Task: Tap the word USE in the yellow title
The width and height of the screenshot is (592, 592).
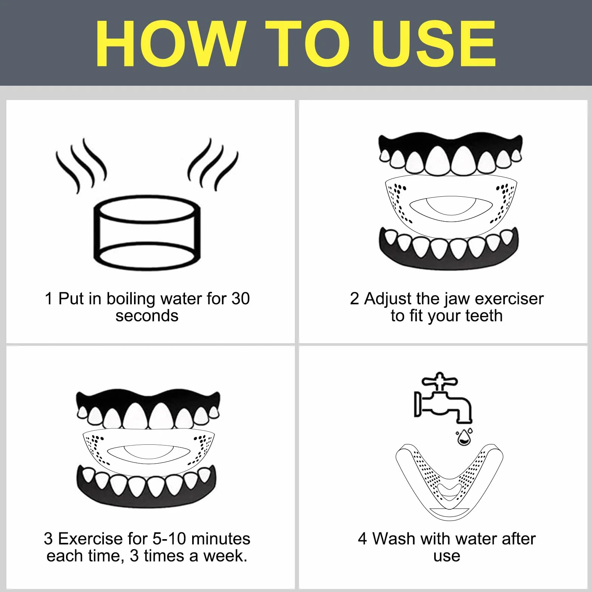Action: point(434,43)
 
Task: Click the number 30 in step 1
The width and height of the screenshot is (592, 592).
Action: point(240,299)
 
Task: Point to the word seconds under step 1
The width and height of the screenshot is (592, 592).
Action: point(147,316)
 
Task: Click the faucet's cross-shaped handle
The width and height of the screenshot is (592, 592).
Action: point(439,381)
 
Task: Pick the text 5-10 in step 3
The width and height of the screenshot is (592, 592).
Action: point(170,539)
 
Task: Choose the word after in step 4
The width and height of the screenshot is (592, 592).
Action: point(519,539)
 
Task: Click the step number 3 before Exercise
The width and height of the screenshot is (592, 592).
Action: point(48,539)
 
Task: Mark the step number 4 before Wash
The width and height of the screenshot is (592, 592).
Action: point(362,539)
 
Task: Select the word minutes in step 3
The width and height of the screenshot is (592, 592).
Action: point(221,539)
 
